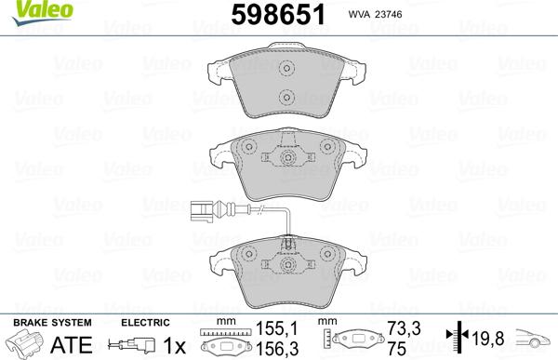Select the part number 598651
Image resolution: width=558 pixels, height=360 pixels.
click(288, 16)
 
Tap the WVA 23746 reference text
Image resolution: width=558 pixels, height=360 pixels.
click(404, 15)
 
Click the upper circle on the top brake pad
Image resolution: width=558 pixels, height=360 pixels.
click(287, 68)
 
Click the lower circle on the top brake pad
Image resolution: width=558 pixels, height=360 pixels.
click(287, 99)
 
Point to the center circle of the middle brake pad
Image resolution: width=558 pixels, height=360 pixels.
click(287, 159)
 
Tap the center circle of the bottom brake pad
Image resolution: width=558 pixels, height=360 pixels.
click(287, 263)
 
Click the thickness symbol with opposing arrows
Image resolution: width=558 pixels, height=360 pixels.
click(457, 338)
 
